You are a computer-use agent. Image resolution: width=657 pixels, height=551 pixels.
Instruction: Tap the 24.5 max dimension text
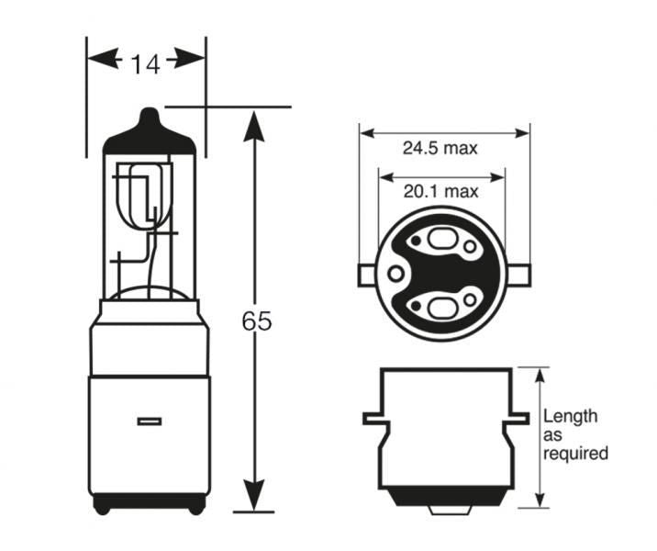tap(440, 147)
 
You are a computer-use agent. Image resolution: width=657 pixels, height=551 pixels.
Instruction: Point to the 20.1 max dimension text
tap(440, 191)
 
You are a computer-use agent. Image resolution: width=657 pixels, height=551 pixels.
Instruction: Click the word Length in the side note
tap(570, 416)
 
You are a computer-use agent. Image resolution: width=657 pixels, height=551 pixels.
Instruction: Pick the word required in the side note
tap(575, 453)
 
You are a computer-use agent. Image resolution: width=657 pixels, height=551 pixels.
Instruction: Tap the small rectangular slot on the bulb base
tap(149, 422)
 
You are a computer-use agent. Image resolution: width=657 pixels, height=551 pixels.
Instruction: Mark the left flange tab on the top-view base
tap(364, 273)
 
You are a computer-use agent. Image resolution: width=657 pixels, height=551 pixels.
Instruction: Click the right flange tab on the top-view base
tap(520, 273)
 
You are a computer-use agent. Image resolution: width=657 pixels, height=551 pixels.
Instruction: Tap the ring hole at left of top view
tap(395, 274)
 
